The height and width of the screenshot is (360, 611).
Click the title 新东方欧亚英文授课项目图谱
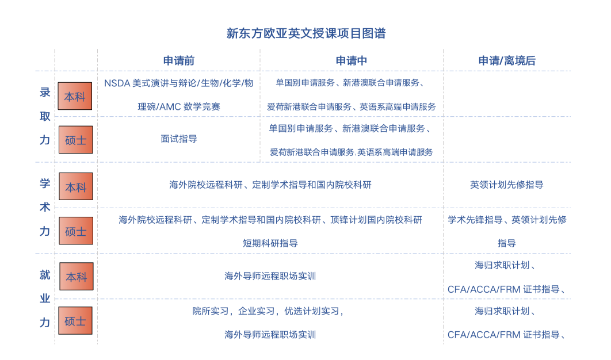[306, 33]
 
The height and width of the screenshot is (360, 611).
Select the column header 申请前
[179, 61]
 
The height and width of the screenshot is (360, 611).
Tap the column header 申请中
[352, 61]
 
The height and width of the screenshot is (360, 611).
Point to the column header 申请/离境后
[507, 61]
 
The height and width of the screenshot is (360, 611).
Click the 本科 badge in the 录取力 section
[75, 96]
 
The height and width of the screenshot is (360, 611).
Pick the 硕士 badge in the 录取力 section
[76, 140]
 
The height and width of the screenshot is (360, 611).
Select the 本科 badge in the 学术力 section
[76, 186]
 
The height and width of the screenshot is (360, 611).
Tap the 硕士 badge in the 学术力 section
[76, 231]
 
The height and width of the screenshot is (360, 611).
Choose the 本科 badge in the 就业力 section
[77, 276]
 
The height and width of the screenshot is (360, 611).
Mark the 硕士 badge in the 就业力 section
[75, 321]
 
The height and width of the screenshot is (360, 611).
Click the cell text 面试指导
[179, 139]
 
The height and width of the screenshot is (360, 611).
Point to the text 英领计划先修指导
[506, 185]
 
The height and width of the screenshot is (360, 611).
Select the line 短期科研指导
[270, 243]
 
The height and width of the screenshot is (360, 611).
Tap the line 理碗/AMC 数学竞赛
[179, 107]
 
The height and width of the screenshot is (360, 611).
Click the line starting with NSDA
[179, 83]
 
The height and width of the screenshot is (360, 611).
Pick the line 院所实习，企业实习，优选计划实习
[268, 311]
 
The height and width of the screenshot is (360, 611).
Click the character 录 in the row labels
[45, 93]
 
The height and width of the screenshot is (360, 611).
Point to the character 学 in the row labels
[45, 183]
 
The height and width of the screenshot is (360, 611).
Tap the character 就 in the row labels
[45, 275]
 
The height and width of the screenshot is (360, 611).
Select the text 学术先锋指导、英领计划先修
[507, 220]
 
